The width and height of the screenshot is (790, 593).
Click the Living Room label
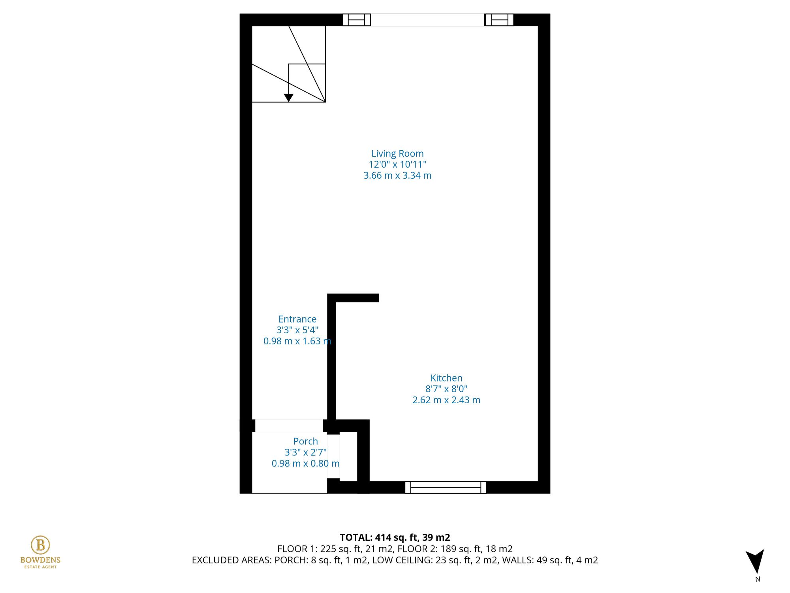[x=397, y=153]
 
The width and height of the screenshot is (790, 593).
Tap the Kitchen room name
[x=446, y=378]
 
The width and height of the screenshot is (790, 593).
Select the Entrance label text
[x=297, y=319]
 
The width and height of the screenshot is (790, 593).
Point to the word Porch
[x=305, y=441]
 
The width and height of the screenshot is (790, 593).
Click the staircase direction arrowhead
[x=289, y=98]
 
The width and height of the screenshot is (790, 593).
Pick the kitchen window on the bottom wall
[x=446, y=487]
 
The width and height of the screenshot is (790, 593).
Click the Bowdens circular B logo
[x=40, y=545]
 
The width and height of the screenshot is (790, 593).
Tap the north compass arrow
[x=755, y=561]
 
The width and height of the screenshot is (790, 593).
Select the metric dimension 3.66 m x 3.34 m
[x=397, y=176]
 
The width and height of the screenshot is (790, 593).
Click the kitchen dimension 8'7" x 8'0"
[x=446, y=389]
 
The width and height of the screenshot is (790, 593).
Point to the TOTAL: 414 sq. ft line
[x=395, y=537]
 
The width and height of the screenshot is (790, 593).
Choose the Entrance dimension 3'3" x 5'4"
[x=297, y=330]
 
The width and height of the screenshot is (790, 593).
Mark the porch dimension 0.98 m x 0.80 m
[x=305, y=463]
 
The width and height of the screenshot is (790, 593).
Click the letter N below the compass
[x=758, y=579]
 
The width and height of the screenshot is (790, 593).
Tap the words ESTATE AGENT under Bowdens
[x=40, y=567]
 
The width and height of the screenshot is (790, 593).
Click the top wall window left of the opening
[x=356, y=20]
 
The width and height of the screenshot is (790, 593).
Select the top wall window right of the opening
[x=499, y=20]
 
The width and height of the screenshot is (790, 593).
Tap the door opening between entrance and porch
[x=289, y=426]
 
